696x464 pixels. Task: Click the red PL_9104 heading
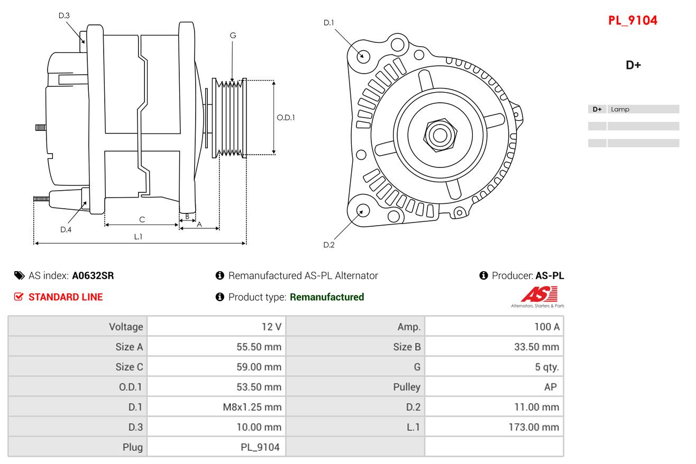coord(633,21)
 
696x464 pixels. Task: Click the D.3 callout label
coord(64,15)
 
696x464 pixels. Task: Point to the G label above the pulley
coord(233,35)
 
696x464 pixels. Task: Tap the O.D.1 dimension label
coord(286,118)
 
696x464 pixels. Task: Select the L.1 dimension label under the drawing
coord(138,237)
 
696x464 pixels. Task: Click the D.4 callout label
coord(66,230)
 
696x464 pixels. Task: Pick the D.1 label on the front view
coord(328,23)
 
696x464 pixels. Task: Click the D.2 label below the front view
coord(329,245)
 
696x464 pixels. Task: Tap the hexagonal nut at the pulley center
coord(440,135)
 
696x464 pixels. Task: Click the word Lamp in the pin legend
coord(620,109)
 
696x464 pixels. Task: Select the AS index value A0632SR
coord(93,276)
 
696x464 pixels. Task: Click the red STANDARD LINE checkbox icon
coord(19,297)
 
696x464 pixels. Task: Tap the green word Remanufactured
coord(327,297)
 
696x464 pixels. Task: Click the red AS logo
coord(539,295)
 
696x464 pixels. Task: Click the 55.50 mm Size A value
coord(259,347)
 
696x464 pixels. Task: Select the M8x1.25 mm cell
coord(252,407)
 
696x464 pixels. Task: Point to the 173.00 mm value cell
coord(534,427)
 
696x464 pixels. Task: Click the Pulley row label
coord(407,387)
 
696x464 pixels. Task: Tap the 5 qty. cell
coord(547,367)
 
